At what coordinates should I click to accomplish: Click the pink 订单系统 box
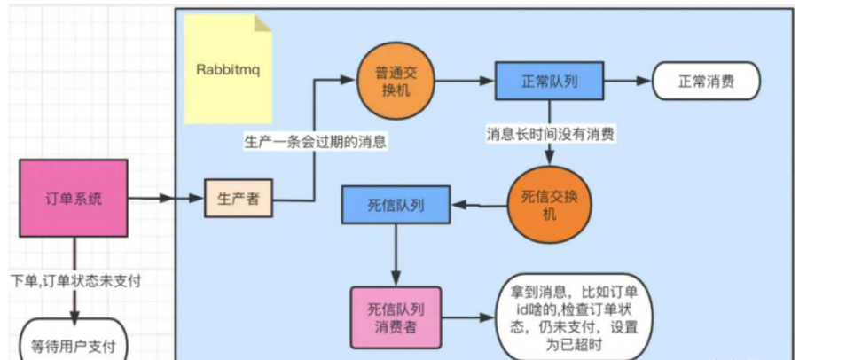[x=74, y=199]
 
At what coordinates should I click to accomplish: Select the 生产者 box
[x=239, y=199]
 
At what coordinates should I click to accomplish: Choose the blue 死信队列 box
[x=396, y=205]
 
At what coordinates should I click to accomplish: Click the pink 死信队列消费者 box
[x=396, y=317]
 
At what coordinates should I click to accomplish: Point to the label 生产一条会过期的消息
[x=312, y=141]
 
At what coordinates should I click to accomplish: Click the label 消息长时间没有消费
[x=551, y=135]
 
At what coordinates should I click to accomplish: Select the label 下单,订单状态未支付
[x=75, y=281]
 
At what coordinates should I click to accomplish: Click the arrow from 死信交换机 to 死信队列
[x=479, y=206]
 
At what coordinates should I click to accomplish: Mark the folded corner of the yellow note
[x=262, y=24]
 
